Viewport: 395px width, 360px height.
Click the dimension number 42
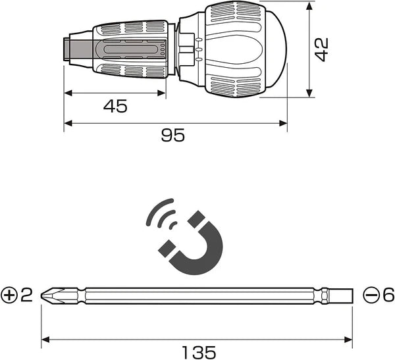322,49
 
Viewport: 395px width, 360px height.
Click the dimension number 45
115,106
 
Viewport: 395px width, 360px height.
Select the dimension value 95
172,135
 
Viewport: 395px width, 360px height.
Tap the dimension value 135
199,352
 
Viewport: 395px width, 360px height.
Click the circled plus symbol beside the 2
9,296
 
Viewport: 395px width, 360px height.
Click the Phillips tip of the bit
51,296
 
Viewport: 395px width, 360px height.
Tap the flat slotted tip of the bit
341,296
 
